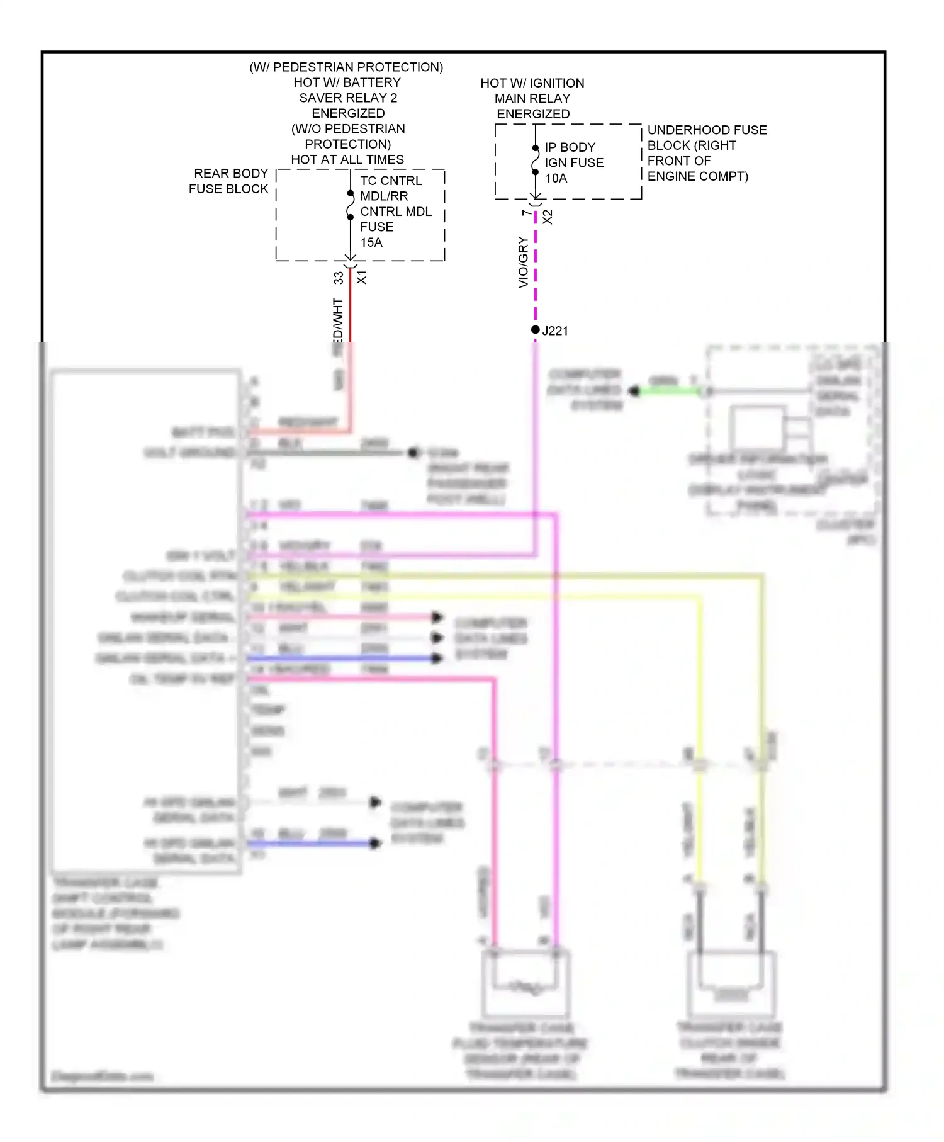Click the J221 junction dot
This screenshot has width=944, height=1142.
535,330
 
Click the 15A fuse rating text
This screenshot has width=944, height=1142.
371,242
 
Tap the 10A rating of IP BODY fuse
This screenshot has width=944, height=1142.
556,178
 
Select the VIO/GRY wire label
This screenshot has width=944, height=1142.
523,263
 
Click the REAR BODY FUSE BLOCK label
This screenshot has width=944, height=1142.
229,181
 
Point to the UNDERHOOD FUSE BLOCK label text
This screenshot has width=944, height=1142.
706,153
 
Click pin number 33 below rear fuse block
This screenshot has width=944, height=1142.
339,278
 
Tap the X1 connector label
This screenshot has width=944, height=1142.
362,278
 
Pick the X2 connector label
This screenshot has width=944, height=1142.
548,217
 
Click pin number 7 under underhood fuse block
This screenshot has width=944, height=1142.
526,213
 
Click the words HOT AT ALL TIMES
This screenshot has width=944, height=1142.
347,160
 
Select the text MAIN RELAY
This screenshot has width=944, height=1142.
532,99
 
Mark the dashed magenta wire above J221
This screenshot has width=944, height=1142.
536,271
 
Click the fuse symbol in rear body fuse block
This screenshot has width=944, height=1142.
351,205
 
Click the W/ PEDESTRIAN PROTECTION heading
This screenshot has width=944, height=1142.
346,67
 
